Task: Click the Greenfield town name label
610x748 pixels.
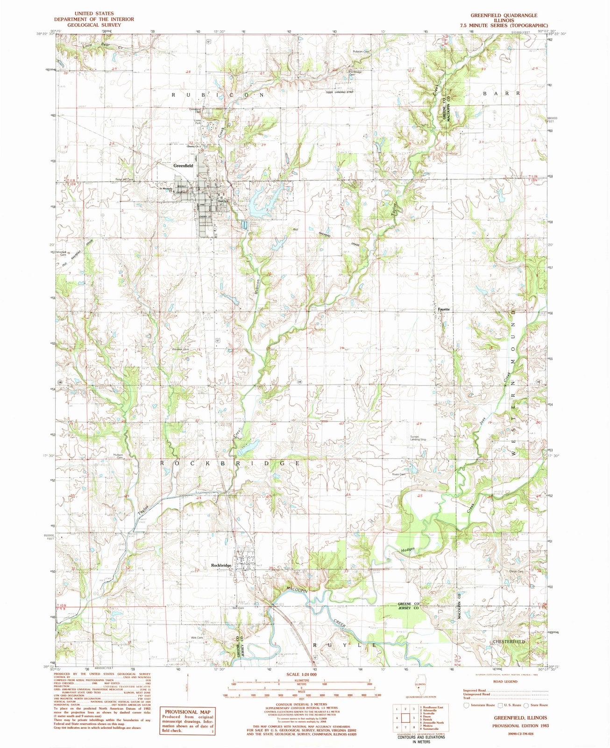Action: click(x=183, y=165)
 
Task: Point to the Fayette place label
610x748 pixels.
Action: click(x=444, y=309)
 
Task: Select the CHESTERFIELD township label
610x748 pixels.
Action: click(x=509, y=642)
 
